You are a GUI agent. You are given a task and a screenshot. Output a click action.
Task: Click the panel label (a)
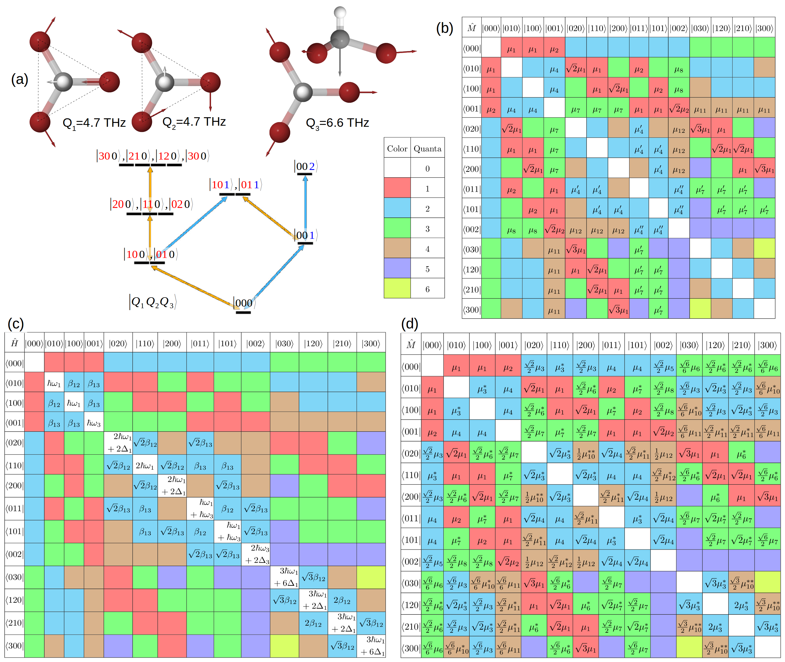pos(19,80)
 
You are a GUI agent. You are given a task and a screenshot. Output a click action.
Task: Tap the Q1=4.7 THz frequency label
pos(94,123)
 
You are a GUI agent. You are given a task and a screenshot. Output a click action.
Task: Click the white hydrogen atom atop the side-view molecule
pos(340,12)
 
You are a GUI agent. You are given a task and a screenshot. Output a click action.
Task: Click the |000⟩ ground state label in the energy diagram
pos(244,303)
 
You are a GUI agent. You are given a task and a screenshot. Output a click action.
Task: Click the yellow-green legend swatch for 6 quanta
pos(397,289)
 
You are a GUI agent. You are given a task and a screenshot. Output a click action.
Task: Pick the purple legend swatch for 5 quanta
pos(397,268)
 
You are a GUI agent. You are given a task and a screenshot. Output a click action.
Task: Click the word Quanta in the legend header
pos(427,149)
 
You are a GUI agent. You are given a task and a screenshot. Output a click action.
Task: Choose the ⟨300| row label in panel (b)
pos(471,309)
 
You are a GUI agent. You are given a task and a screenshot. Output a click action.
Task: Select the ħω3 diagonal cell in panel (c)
pos(94,423)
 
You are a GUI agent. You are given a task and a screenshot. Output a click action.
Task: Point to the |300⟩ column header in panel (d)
pos(767,345)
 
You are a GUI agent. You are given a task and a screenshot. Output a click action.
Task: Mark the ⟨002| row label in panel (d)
pos(411,561)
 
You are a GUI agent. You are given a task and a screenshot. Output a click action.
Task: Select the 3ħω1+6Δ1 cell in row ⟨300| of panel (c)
pos(371,646)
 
